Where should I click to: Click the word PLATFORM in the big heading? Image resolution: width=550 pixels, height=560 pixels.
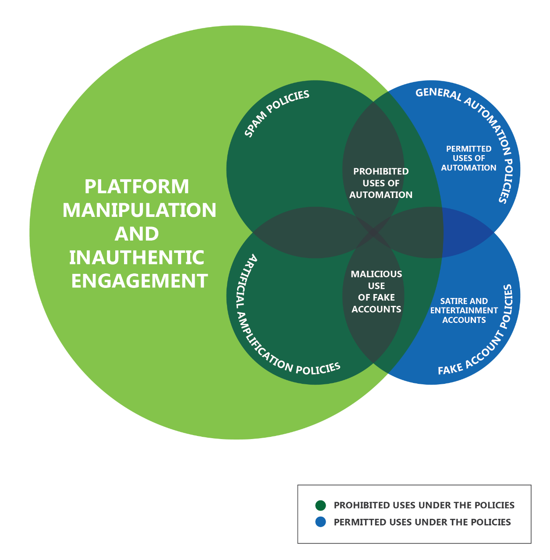coord(137,187)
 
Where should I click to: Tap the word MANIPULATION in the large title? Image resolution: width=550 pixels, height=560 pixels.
coord(139,210)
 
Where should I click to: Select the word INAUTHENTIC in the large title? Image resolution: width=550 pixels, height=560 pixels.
coord(137,258)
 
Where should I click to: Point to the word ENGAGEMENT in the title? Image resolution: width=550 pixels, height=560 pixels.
coord(139,281)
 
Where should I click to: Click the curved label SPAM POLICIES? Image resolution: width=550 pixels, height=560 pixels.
coord(276,113)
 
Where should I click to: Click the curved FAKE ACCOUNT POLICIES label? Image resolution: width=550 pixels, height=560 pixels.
coord(486,337)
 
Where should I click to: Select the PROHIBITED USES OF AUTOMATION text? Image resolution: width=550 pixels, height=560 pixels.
coord(381,183)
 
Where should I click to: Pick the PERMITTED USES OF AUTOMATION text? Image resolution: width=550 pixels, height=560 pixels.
coord(468,158)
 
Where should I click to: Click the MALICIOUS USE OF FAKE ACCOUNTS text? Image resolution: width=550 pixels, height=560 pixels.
coord(376,291)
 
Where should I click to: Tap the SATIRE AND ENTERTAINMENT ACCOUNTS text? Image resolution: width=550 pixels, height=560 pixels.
coord(464,310)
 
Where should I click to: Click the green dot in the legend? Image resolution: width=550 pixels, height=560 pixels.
coord(321,505)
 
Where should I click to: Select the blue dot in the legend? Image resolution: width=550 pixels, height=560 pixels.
coord(321,522)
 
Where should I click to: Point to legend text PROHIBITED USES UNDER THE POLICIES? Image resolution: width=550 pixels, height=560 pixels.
coord(424,505)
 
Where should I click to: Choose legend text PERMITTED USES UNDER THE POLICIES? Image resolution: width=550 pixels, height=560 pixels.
coord(422,522)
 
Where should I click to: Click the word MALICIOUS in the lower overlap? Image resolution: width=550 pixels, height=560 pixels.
coord(376,274)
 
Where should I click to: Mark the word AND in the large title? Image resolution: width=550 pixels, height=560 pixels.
coord(137,234)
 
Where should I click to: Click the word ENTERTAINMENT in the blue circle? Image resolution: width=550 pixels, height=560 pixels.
coord(464,310)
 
